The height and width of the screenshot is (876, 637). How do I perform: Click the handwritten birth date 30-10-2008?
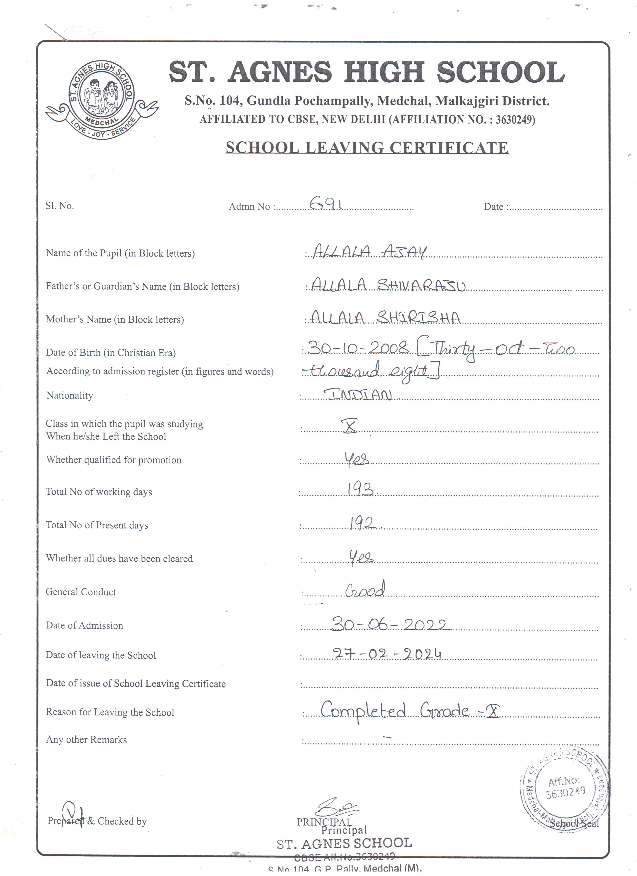pyautogui.click(x=358, y=349)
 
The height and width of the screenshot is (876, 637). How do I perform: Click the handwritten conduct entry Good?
pyautogui.click(x=365, y=590)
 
